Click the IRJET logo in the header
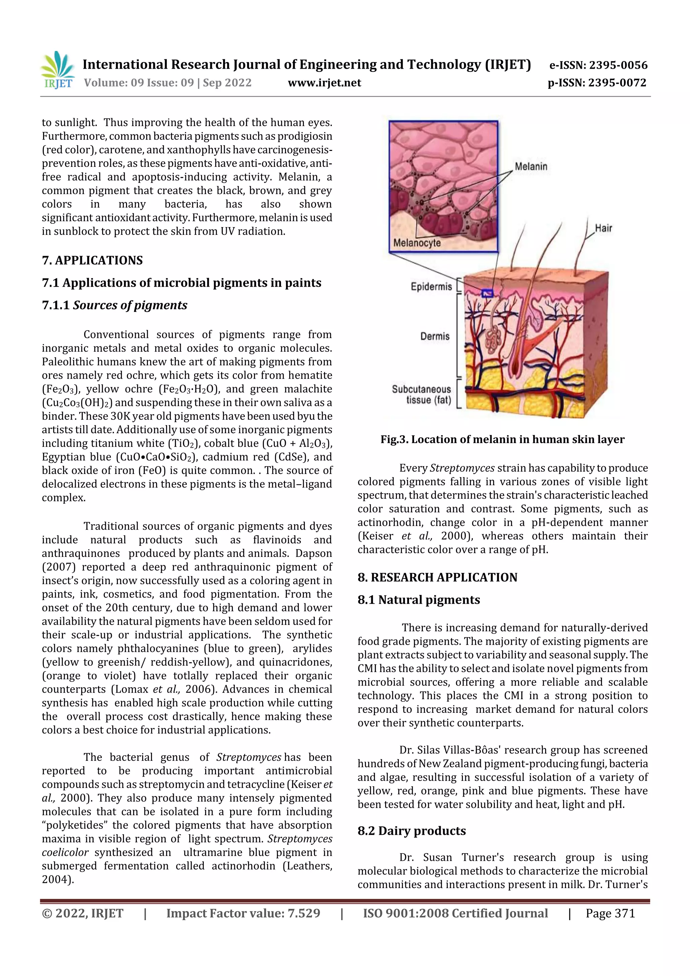pyautogui.click(x=58, y=70)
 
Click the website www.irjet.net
pyautogui.click(x=324, y=83)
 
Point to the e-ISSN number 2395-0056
pyautogui.click(x=618, y=65)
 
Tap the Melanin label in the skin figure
pyautogui.click(x=531, y=167)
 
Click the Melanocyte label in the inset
pyautogui.click(x=417, y=243)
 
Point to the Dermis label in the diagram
pyautogui.click(x=435, y=336)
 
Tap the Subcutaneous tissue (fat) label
pyautogui.click(x=421, y=395)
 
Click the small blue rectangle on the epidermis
pyautogui.click(x=487, y=292)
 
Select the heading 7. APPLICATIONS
pyautogui.click(x=92, y=260)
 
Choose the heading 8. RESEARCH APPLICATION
pyautogui.click(x=437, y=577)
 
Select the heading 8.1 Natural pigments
pyautogui.click(x=419, y=600)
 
